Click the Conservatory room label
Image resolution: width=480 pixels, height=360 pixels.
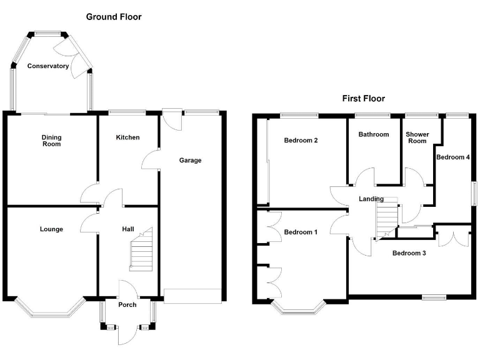[47, 66]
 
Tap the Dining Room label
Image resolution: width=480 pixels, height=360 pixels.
[51, 141]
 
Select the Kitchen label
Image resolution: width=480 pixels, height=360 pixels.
[127, 137]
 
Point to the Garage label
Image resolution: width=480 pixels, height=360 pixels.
[190, 160]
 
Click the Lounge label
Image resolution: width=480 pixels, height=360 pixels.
[51, 229]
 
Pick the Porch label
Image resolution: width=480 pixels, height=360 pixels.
[127, 304]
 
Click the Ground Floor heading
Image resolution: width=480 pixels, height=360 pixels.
[114, 17]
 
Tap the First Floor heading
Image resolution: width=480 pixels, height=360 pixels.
[363, 99]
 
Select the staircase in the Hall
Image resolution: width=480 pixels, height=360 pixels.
[141, 249]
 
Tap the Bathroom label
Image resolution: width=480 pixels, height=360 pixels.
[374, 134]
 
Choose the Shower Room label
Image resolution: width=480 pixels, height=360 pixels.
[417, 137]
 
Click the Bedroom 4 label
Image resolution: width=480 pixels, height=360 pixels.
[452, 157]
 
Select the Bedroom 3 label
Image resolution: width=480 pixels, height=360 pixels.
[409, 253]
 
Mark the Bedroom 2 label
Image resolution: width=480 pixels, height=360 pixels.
[301, 141]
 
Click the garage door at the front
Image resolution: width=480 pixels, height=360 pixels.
[192, 296]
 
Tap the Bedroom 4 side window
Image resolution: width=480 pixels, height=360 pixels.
[474, 194]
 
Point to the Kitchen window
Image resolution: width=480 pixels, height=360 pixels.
[127, 112]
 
